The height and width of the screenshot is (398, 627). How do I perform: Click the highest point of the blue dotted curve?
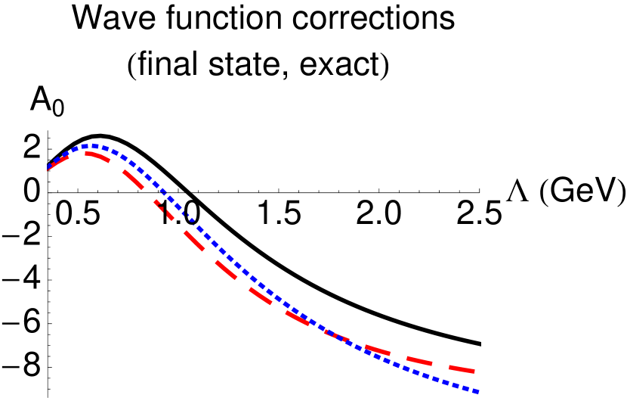(91, 145)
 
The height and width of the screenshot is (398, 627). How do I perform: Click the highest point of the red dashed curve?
(89, 153)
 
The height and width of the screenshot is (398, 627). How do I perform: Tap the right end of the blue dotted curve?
(478, 392)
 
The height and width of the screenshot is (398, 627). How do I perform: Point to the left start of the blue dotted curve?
(48, 166)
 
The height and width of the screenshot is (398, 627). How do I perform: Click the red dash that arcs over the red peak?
(91, 154)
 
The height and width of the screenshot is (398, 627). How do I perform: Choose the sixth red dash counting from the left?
(225, 269)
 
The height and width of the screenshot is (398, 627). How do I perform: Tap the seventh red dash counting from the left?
(261, 297)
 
